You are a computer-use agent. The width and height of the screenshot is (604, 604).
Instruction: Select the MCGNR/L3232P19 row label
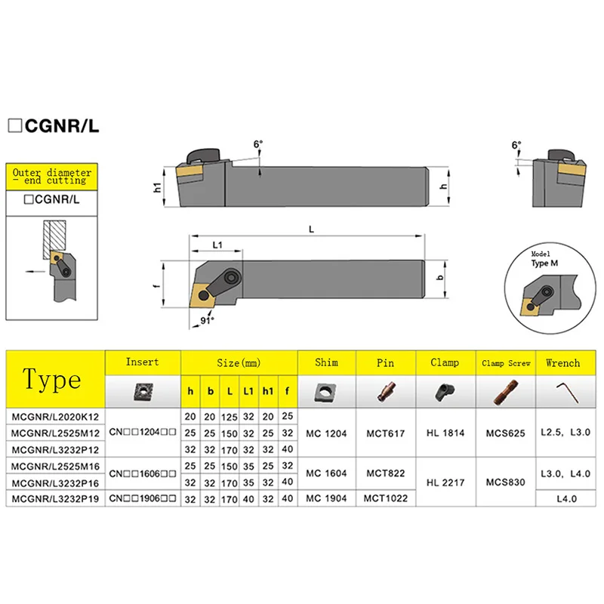point(54,498)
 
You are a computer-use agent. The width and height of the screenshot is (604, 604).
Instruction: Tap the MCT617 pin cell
point(385,433)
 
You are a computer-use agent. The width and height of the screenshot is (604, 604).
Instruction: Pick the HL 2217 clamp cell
point(445,482)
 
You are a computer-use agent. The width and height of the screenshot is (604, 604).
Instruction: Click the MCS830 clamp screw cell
point(505,482)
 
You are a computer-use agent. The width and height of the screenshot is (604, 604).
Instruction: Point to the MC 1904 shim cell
point(327,498)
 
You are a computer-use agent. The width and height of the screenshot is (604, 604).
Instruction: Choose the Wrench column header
point(562,363)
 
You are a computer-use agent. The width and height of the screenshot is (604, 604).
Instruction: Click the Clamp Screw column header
point(505,363)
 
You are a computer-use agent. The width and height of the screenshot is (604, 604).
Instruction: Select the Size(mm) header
point(239,363)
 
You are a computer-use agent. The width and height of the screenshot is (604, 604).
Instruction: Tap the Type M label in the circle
point(541,262)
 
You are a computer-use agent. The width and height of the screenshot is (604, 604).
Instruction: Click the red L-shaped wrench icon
point(562,390)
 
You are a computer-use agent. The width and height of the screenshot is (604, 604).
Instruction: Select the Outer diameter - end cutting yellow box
point(52,177)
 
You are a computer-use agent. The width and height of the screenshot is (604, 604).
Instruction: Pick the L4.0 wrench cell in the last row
point(562,498)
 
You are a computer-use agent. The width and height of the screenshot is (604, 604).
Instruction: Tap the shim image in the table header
point(327,390)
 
